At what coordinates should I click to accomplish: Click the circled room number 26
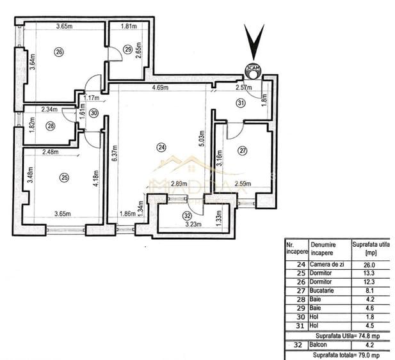59,52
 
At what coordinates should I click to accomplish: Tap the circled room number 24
161,147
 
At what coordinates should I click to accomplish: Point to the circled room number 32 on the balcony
187,215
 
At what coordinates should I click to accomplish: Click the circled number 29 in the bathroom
128,49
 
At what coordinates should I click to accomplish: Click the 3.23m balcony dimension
193,224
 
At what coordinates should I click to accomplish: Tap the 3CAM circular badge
253,69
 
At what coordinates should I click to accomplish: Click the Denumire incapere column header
326,248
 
